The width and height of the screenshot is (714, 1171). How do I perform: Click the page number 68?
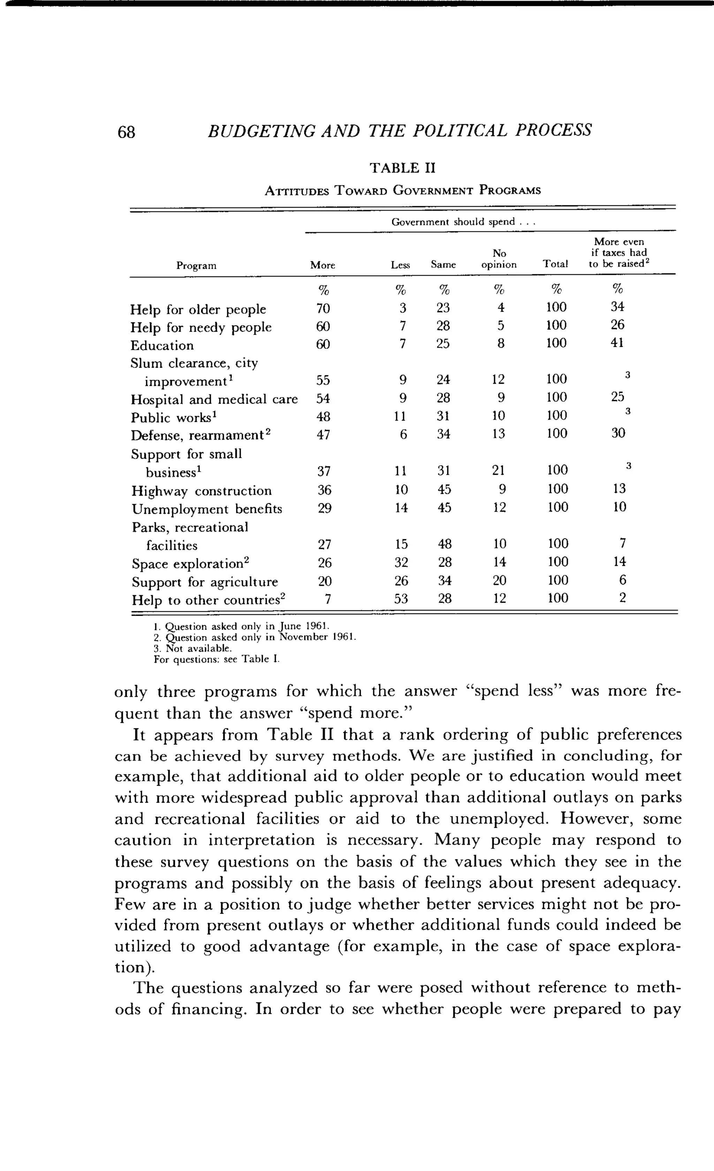click(x=127, y=132)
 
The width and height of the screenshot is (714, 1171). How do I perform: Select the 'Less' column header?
click(x=400, y=265)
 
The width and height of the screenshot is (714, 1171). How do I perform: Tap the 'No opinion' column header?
click(x=499, y=259)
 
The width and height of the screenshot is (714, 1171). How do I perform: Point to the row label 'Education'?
click(x=162, y=345)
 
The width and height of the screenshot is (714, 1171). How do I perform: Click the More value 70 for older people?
click(x=323, y=308)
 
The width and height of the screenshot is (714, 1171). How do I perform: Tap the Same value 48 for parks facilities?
click(x=444, y=544)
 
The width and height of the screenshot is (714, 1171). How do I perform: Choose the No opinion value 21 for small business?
click(x=498, y=470)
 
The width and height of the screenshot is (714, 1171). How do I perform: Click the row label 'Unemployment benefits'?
click(x=207, y=509)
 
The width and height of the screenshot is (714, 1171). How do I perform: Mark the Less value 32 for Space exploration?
click(x=401, y=562)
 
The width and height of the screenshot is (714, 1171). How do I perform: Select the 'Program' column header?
click(x=196, y=266)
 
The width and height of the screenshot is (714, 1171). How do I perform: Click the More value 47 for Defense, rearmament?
click(x=323, y=434)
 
